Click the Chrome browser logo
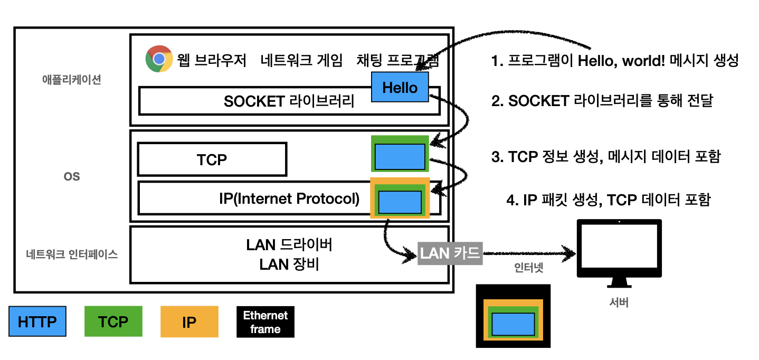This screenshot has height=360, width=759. [159, 59]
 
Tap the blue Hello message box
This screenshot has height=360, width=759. [400, 87]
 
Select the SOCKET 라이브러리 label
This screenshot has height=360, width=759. [289, 101]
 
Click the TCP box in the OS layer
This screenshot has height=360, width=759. [212, 159]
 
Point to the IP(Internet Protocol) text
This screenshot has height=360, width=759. [289, 199]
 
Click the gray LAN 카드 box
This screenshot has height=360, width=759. [450, 253]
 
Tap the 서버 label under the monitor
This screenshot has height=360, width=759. [619, 303]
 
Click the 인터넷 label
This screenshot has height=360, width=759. [529, 268]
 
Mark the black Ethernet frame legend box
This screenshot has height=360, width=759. [265, 321]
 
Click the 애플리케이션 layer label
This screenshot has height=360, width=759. [72, 80]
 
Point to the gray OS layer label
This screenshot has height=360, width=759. [72, 176]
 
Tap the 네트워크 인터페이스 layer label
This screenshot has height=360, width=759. [72, 254]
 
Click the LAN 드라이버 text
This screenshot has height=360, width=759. [289, 245]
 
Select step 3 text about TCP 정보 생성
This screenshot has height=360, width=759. [605, 157]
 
